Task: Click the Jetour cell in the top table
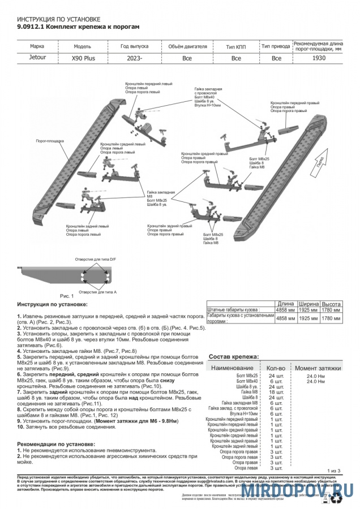(37, 57)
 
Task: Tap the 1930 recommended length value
(319, 57)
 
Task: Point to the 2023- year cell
(134, 58)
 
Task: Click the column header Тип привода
(276, 46)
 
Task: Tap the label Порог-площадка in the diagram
(50, 140)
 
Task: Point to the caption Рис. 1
(67, 295)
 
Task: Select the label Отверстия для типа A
(97, 291)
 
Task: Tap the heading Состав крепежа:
(234, 357)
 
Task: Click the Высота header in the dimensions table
(331, 304)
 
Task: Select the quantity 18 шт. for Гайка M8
(276, 392)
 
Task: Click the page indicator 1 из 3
(335, 471)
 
